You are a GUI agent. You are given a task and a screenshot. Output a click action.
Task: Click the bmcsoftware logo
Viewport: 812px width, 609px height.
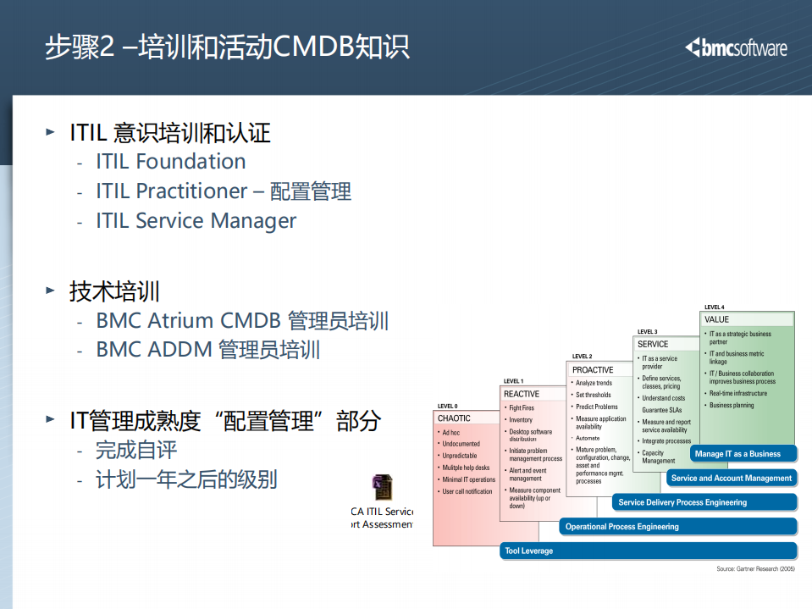pos(736,47)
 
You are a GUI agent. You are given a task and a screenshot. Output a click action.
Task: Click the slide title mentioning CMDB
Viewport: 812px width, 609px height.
pos(227,47)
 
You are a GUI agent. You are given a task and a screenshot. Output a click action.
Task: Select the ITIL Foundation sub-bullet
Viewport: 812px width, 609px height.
pos(170,162)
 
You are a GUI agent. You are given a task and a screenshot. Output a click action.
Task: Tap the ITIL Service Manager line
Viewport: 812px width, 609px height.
pos(196,221)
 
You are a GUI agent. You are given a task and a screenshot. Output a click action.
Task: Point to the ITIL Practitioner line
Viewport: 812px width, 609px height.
pos(223,191)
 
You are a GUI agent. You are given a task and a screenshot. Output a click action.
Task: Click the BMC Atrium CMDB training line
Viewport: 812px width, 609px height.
pos(242,321)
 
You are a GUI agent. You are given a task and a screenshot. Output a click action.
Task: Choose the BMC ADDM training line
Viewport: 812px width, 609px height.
pos(207,350)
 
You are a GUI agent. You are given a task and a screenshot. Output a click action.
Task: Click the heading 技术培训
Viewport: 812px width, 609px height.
pos(114,292)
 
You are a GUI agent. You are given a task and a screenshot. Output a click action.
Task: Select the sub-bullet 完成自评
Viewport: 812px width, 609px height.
pos(136,450)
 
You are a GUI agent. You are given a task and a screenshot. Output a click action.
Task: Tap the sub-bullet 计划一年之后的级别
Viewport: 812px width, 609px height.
pos(186,479)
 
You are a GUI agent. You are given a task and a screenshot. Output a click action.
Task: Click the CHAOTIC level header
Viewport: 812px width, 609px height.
pos(455,418)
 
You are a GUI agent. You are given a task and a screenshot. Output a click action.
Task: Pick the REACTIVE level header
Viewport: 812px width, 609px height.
pos(522,394)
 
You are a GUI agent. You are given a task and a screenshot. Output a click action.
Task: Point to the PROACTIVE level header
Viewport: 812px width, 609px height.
pos(593,370)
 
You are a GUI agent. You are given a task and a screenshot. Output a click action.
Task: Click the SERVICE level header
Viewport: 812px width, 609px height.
pos(653,344)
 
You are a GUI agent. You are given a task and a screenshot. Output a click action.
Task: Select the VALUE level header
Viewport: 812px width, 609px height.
pos(716,319)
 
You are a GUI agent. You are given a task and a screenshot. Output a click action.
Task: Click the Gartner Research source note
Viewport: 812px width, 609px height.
pos(755,568)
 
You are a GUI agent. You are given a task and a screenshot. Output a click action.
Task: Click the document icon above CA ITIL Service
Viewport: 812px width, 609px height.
pos(382,488)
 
